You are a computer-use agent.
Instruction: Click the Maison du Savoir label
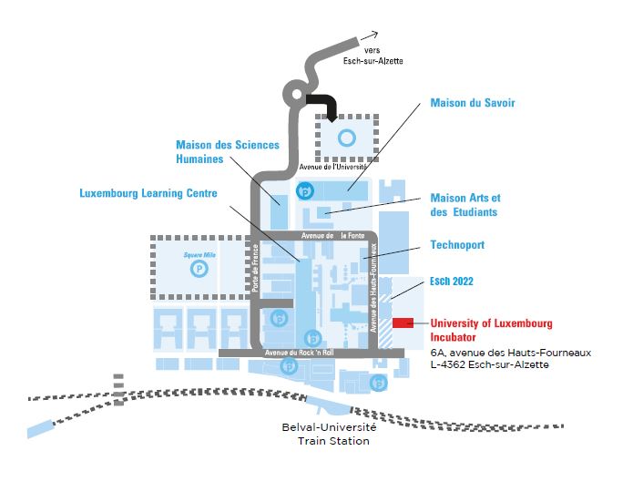[473, 103]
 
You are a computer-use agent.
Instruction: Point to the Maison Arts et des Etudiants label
[465, 205]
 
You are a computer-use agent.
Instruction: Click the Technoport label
[457, 245]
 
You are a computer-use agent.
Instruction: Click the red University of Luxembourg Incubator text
[491, 330]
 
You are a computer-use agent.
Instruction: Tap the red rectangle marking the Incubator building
[403, 323]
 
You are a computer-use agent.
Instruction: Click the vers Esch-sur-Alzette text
[383, 56]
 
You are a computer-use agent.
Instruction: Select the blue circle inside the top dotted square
[345, 138]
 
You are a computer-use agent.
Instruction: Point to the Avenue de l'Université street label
[332, 168]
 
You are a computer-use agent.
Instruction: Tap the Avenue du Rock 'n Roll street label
[300, 353]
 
